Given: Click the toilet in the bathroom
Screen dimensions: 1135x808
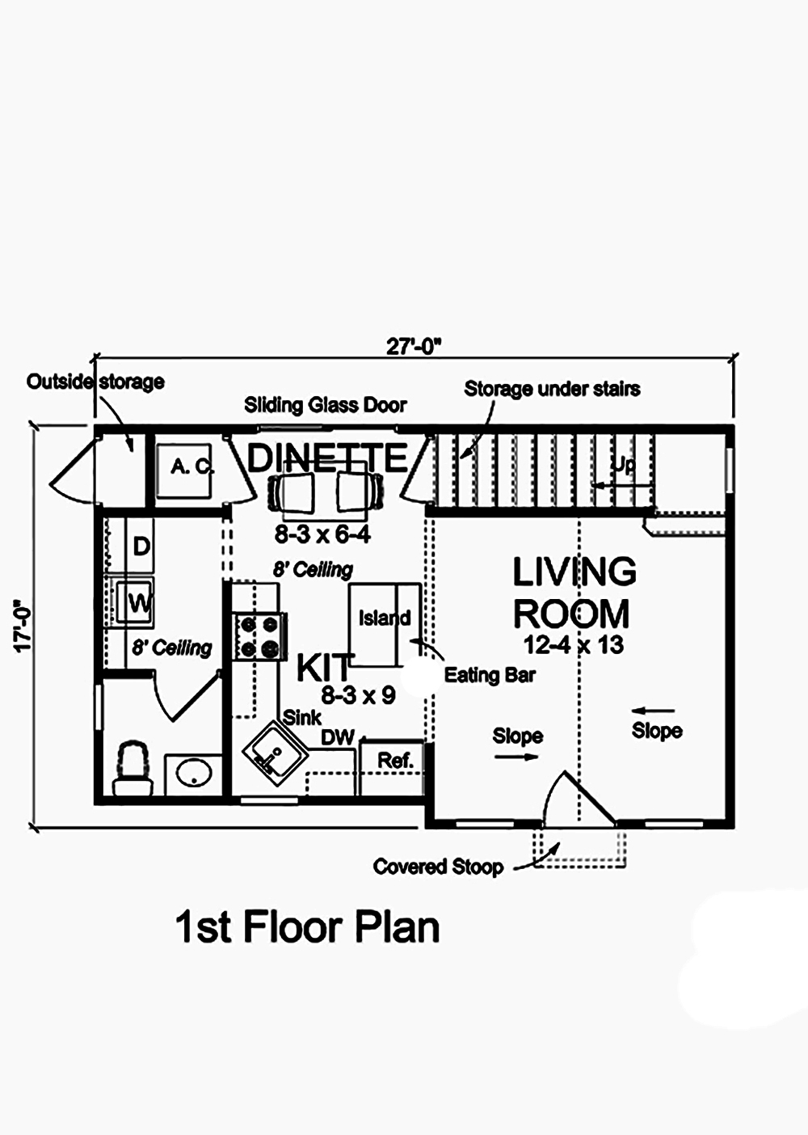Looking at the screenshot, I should [133, 770].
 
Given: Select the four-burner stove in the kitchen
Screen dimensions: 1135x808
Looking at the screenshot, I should [259, 636].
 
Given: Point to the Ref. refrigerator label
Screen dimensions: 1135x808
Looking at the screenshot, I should [395, 761].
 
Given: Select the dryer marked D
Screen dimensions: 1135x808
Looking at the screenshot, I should [141, 546].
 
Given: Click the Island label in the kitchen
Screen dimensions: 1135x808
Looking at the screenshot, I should [385, 618].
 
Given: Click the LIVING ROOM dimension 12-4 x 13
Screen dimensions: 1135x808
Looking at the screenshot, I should [573, 645].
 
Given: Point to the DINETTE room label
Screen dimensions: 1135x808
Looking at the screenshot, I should [327, 458].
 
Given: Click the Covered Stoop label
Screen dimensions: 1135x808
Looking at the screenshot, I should [438, 867].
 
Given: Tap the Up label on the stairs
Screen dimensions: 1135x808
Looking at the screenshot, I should [623, 465].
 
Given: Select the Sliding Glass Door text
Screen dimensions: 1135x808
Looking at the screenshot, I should [326, 405].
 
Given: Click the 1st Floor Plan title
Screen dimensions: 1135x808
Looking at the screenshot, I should [307, 927].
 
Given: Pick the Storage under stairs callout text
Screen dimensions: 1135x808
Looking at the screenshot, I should [552, 389].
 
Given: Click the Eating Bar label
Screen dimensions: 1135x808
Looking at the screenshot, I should [490, 675].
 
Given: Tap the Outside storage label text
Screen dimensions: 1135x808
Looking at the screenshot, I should [95, 382].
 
